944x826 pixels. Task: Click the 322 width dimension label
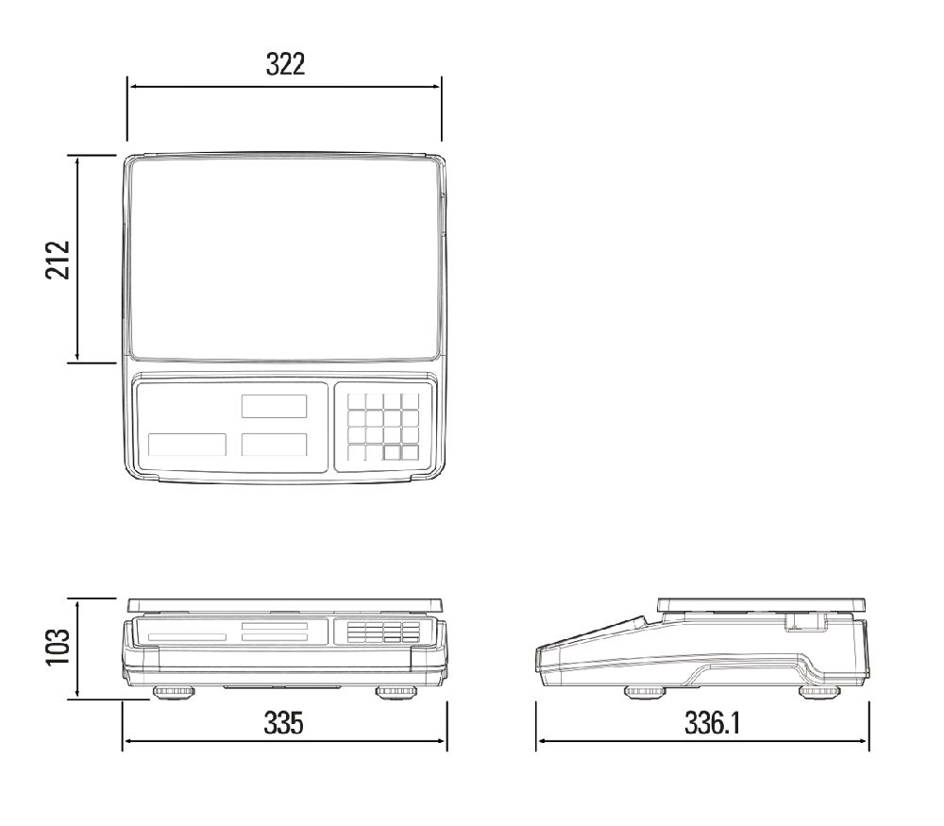click(x=285, y=64)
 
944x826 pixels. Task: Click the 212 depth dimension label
click(x=58, y=260)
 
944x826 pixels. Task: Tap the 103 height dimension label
click(x=58, y=648)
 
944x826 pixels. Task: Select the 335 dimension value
click(x=283, y=722)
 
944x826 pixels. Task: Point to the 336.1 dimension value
click(x=712, y=722)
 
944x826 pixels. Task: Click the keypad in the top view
click(x=383, y=427)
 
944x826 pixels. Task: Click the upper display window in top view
click(x=274, y=406)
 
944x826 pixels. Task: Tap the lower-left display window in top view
click(x=187, y=445)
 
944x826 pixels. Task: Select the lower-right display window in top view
click(x=274, y=445)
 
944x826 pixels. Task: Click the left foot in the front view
click(x=174, y=692)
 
